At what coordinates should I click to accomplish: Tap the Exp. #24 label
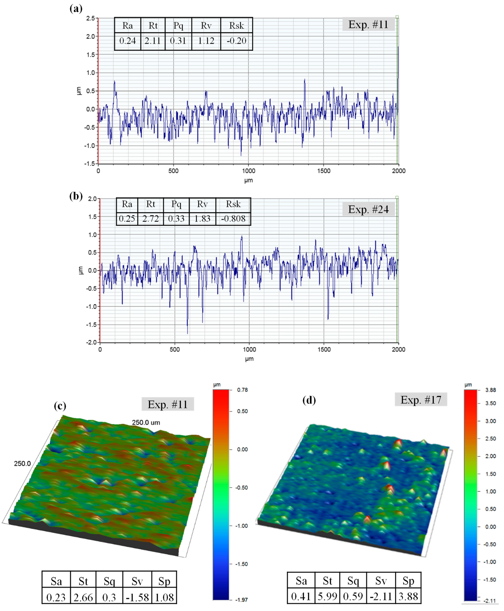(x=368, y=209)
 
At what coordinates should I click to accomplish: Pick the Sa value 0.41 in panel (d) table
(x=301, y=596)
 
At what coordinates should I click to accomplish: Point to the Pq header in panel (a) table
(x=178, y=26)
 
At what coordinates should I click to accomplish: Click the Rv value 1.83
(x=202, y=219)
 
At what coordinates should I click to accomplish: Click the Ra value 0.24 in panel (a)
(x=127, y=41)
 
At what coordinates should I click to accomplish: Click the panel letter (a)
(x=76, y=9)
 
